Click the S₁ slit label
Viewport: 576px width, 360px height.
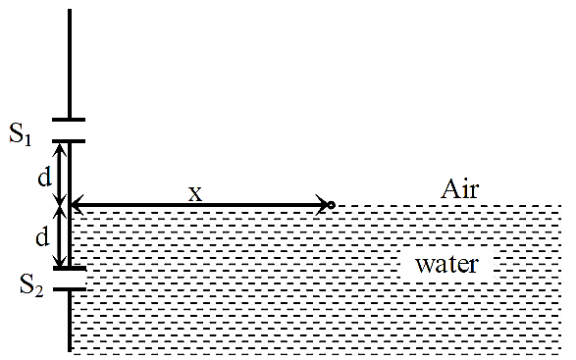coord(21,133)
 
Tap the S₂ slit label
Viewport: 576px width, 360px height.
coord(31,285)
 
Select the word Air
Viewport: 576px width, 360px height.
coord(460,189)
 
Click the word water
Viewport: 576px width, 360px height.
coord(446,265)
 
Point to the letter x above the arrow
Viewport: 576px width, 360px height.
coord(195,193)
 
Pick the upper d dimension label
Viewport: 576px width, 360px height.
coord(45,178)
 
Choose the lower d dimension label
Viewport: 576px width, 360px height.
coord(42,236)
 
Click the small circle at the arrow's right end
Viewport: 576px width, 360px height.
coord(331,205)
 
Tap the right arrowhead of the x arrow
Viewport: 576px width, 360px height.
coord(323,205)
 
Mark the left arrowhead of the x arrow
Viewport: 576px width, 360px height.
coord(76,204)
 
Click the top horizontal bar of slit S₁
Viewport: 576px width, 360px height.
coord(69,120)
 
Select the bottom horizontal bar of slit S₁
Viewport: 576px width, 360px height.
coord(69,141)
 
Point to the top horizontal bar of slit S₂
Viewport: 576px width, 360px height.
coord(70,268)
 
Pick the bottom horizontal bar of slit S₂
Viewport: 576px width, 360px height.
coord(70,289)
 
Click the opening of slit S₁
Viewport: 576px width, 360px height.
coord(69,130)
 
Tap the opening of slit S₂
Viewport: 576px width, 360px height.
coord(70,279)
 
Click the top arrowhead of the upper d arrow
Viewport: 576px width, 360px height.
coord(61,148)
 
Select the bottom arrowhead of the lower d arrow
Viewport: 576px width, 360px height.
coord(60,262)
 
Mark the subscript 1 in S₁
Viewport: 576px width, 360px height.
coord(27,140)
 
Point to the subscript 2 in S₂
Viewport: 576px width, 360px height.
coord(39,291)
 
